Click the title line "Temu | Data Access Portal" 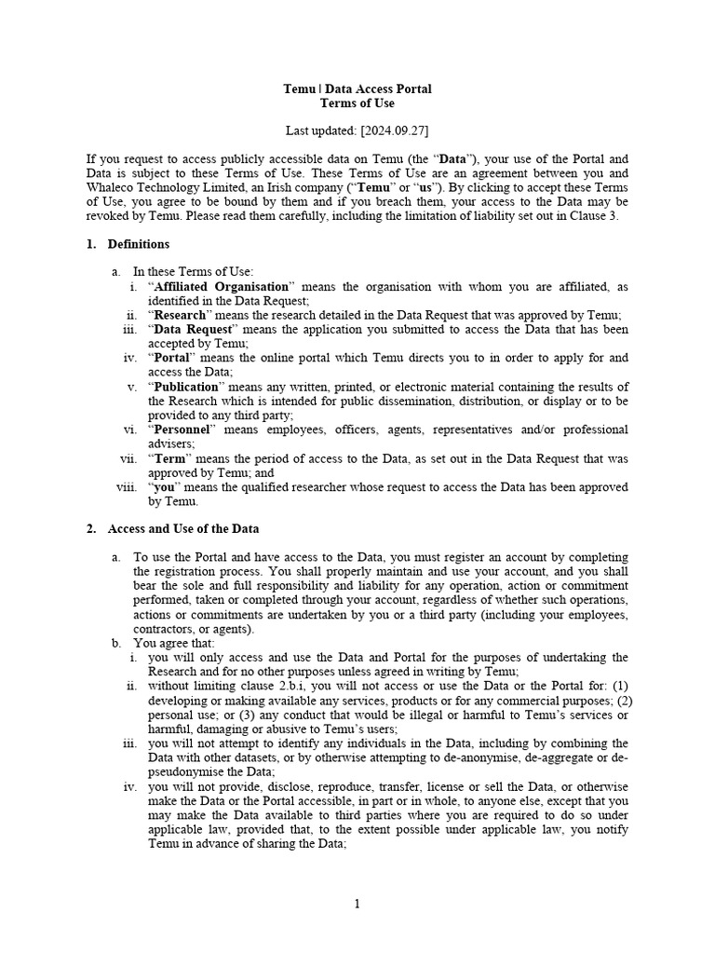357,89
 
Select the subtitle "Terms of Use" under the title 357,103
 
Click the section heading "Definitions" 139,244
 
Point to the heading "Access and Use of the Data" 183,528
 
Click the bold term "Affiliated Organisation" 221,286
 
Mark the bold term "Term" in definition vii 169,458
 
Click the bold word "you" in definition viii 163,486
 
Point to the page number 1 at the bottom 357,903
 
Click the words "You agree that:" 174,643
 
